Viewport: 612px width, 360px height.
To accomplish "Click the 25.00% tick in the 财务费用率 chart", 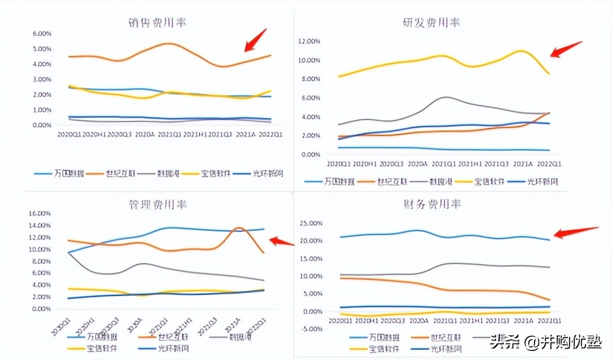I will (310, 223).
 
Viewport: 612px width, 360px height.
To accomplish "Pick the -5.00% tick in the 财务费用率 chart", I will (311, 330).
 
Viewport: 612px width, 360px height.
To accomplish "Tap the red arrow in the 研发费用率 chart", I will (565, 49).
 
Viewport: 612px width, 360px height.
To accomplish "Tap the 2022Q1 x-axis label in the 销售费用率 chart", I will (270, 134).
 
